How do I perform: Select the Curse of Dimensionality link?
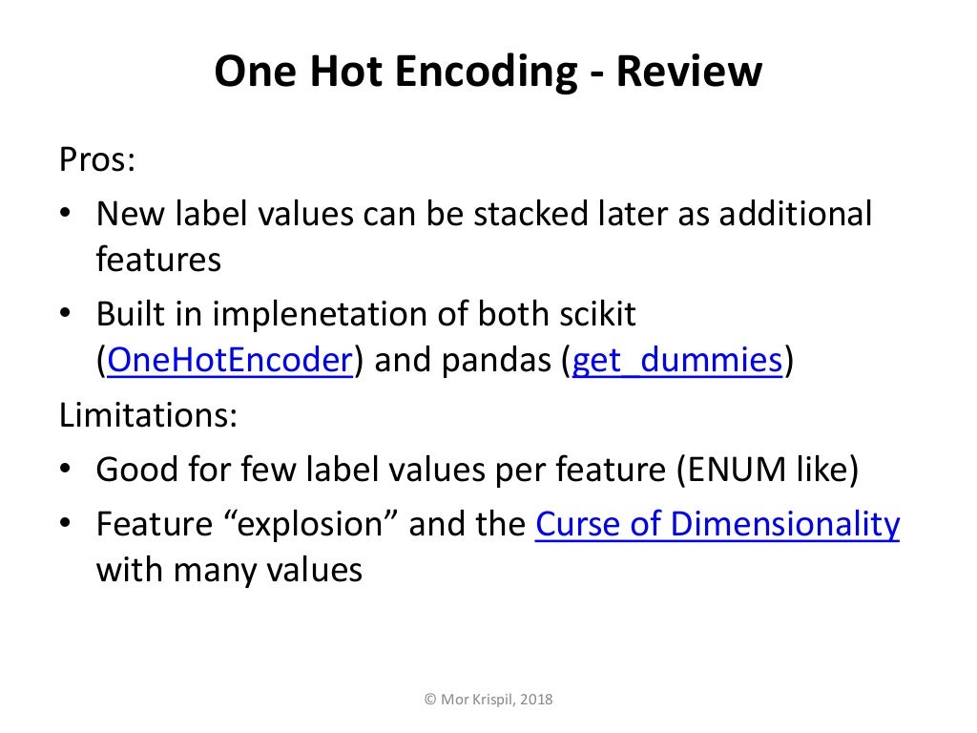click(717, 525)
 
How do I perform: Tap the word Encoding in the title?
click(483, 73)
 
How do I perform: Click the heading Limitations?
click(148, 416)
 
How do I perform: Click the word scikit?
click(593, 314)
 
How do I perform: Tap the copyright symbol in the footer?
click(429, 700)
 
